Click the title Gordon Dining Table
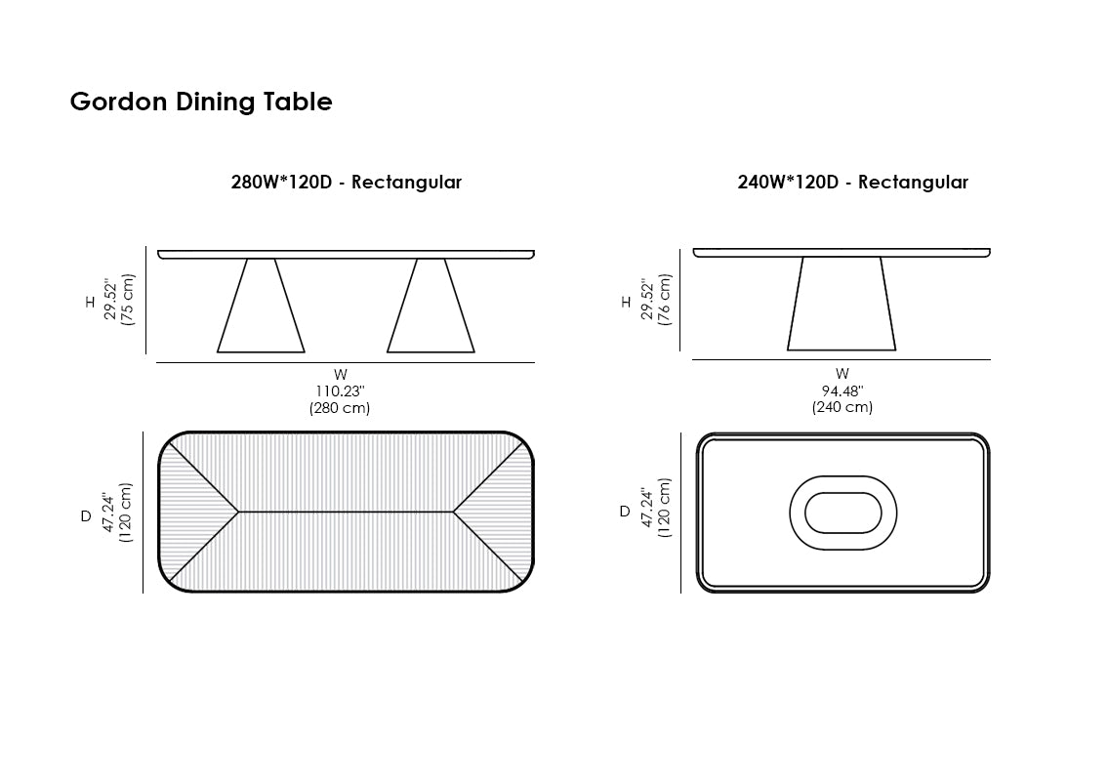(201, 102)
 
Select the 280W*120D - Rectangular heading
(346, 183)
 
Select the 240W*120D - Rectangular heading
(852, 183)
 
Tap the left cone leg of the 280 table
(261, 305)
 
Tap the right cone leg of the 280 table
(431, 305)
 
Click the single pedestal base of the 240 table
(842, 304)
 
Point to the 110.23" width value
(340, 391)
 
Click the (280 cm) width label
(340, 408)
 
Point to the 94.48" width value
(842, 391)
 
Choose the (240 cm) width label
(842, 407)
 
